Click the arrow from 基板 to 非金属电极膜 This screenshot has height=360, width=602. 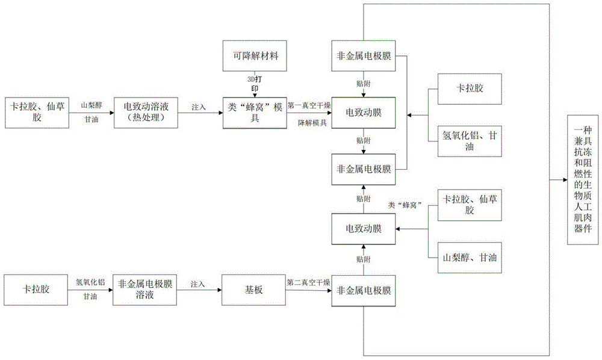click(306, 290)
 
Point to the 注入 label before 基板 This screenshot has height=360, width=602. click(199, 283)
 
